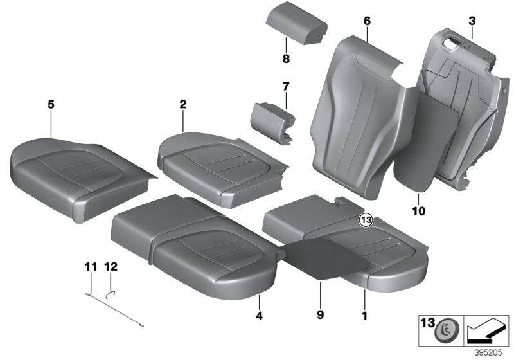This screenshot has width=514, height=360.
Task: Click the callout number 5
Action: point(49,103)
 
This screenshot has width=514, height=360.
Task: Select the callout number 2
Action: point(182,103)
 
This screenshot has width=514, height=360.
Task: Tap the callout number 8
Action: point(286,59)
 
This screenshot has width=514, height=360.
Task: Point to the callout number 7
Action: point(286,86)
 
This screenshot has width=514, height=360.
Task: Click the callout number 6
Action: point(367,21)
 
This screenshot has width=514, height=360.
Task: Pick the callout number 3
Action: point(472,21)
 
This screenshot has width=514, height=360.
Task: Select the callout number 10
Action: point(419,210)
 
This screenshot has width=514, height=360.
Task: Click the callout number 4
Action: point(259,316)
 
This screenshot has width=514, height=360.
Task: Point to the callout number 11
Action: point(89,265)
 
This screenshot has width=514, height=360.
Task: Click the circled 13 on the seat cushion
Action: point(366,220)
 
